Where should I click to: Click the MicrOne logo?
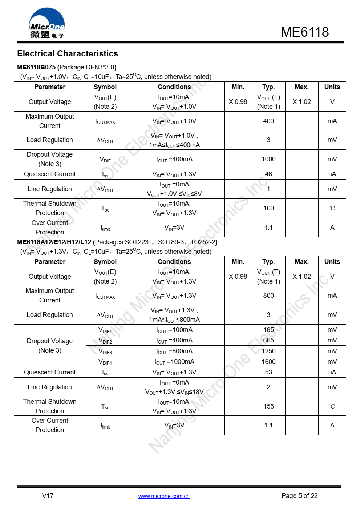pos(47,23)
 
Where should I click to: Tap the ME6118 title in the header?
pos(304,32)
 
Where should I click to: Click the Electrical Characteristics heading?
pos(68,54)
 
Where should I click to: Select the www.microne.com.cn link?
pos(164,496)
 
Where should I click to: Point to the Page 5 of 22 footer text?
pos(299,496)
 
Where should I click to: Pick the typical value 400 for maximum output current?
pos(268,121)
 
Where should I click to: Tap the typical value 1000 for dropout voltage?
pos(268,159)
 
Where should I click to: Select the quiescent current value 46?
pos(268,174)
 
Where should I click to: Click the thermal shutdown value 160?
pos(268,208)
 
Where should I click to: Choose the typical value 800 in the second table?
pos(268,296)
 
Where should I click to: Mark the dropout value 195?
pos(268,330)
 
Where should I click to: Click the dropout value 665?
pos(268,340)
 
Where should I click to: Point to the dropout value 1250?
pos(268,351)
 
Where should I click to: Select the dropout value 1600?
pos(268,362)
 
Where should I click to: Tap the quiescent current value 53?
pos(268,372)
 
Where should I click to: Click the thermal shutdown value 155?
pos(268,406)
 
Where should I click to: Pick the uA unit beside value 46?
pos(332,174)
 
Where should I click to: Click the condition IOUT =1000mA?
pos(174,362)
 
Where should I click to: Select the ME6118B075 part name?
pos(36,67)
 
